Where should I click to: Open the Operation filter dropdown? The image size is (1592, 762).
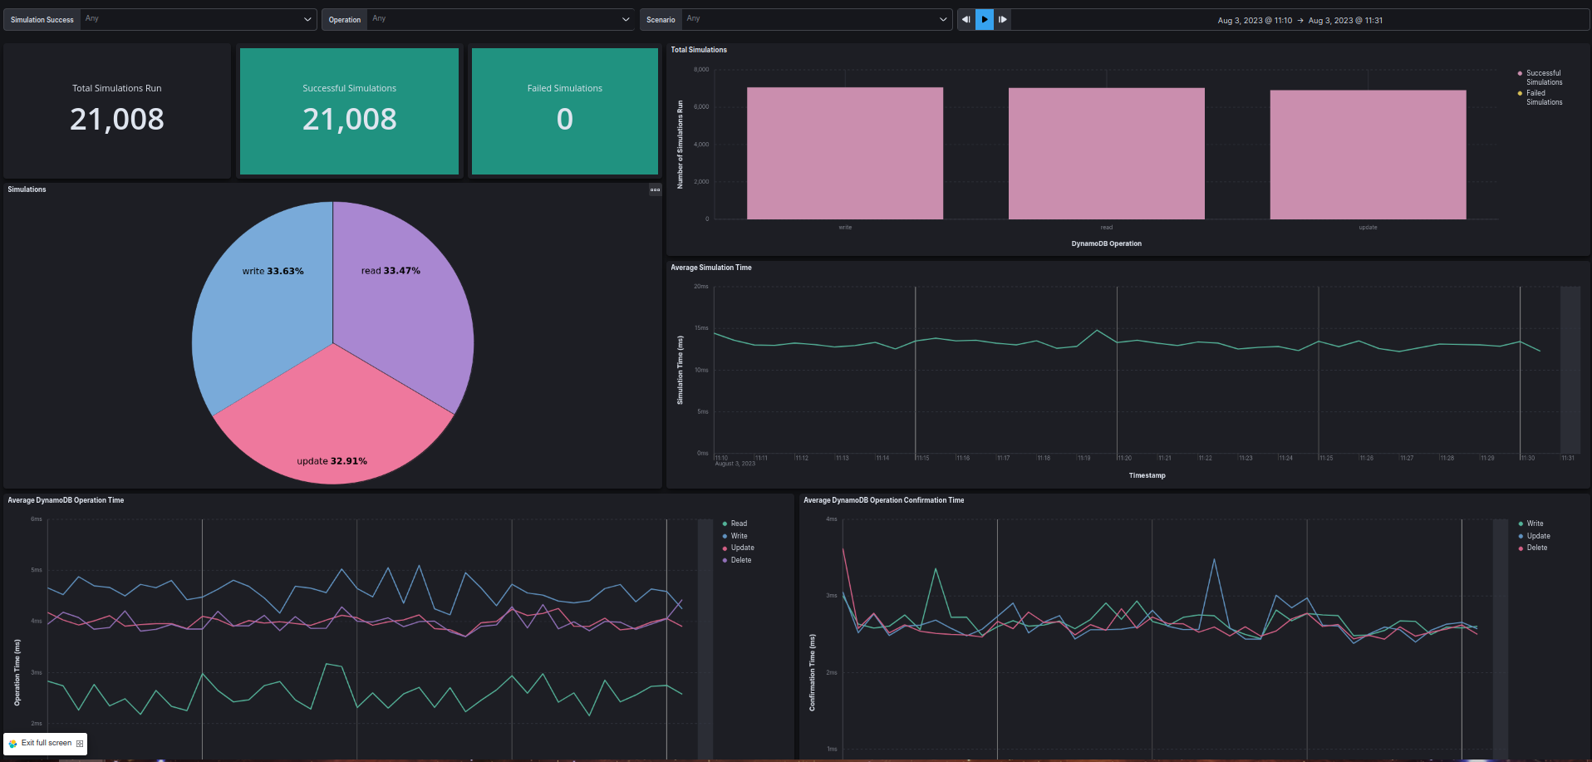tap(499, 19)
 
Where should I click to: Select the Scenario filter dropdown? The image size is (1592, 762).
tap(814, 19)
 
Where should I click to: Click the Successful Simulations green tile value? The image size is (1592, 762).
tap(349, 120)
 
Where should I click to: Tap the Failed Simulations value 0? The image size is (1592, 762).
tap(564, 120)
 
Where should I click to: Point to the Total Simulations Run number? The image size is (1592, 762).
tap(117, 120)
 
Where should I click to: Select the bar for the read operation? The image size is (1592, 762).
tap(1106, 154)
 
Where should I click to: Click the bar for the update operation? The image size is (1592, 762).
tap(1368, 155)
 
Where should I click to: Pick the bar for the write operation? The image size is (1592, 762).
tap(844, 154)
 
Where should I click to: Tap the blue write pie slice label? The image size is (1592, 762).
tap(273, 271)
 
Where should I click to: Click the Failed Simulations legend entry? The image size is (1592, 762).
tap(1543, 97)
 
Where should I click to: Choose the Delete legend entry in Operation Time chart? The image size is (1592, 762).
tap(740, 560)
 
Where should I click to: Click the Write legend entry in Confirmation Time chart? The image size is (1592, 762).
tap(1534, 524)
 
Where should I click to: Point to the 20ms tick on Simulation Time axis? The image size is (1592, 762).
tap(701, 287)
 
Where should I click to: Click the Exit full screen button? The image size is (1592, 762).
tap(46, 743)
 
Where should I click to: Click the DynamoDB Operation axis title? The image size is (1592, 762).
tap(1106, 243)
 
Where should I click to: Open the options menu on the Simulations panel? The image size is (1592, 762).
tap(655, 189)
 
